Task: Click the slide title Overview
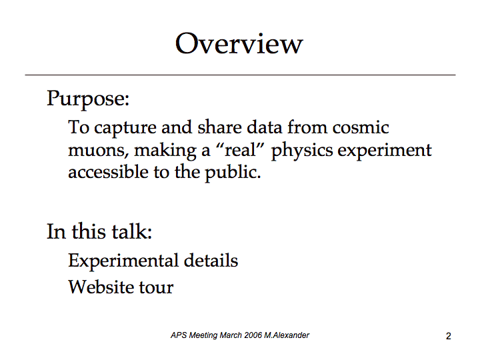pos(239,43)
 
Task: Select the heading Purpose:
pos(88,99)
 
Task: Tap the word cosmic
pos(361,127)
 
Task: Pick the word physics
pos(302,151)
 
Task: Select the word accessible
pos(108,172)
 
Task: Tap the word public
pos(233,173)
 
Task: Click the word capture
pos(125,128)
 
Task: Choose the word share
pos(219,127)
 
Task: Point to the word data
pos(264,127)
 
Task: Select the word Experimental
pos(123,261)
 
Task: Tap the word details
pos(211,260)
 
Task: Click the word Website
pos(101,287)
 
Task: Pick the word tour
pos(156,287)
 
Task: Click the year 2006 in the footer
pos(253,335)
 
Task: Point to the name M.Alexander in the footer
pos(287,335)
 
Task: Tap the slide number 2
pos(449,336)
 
